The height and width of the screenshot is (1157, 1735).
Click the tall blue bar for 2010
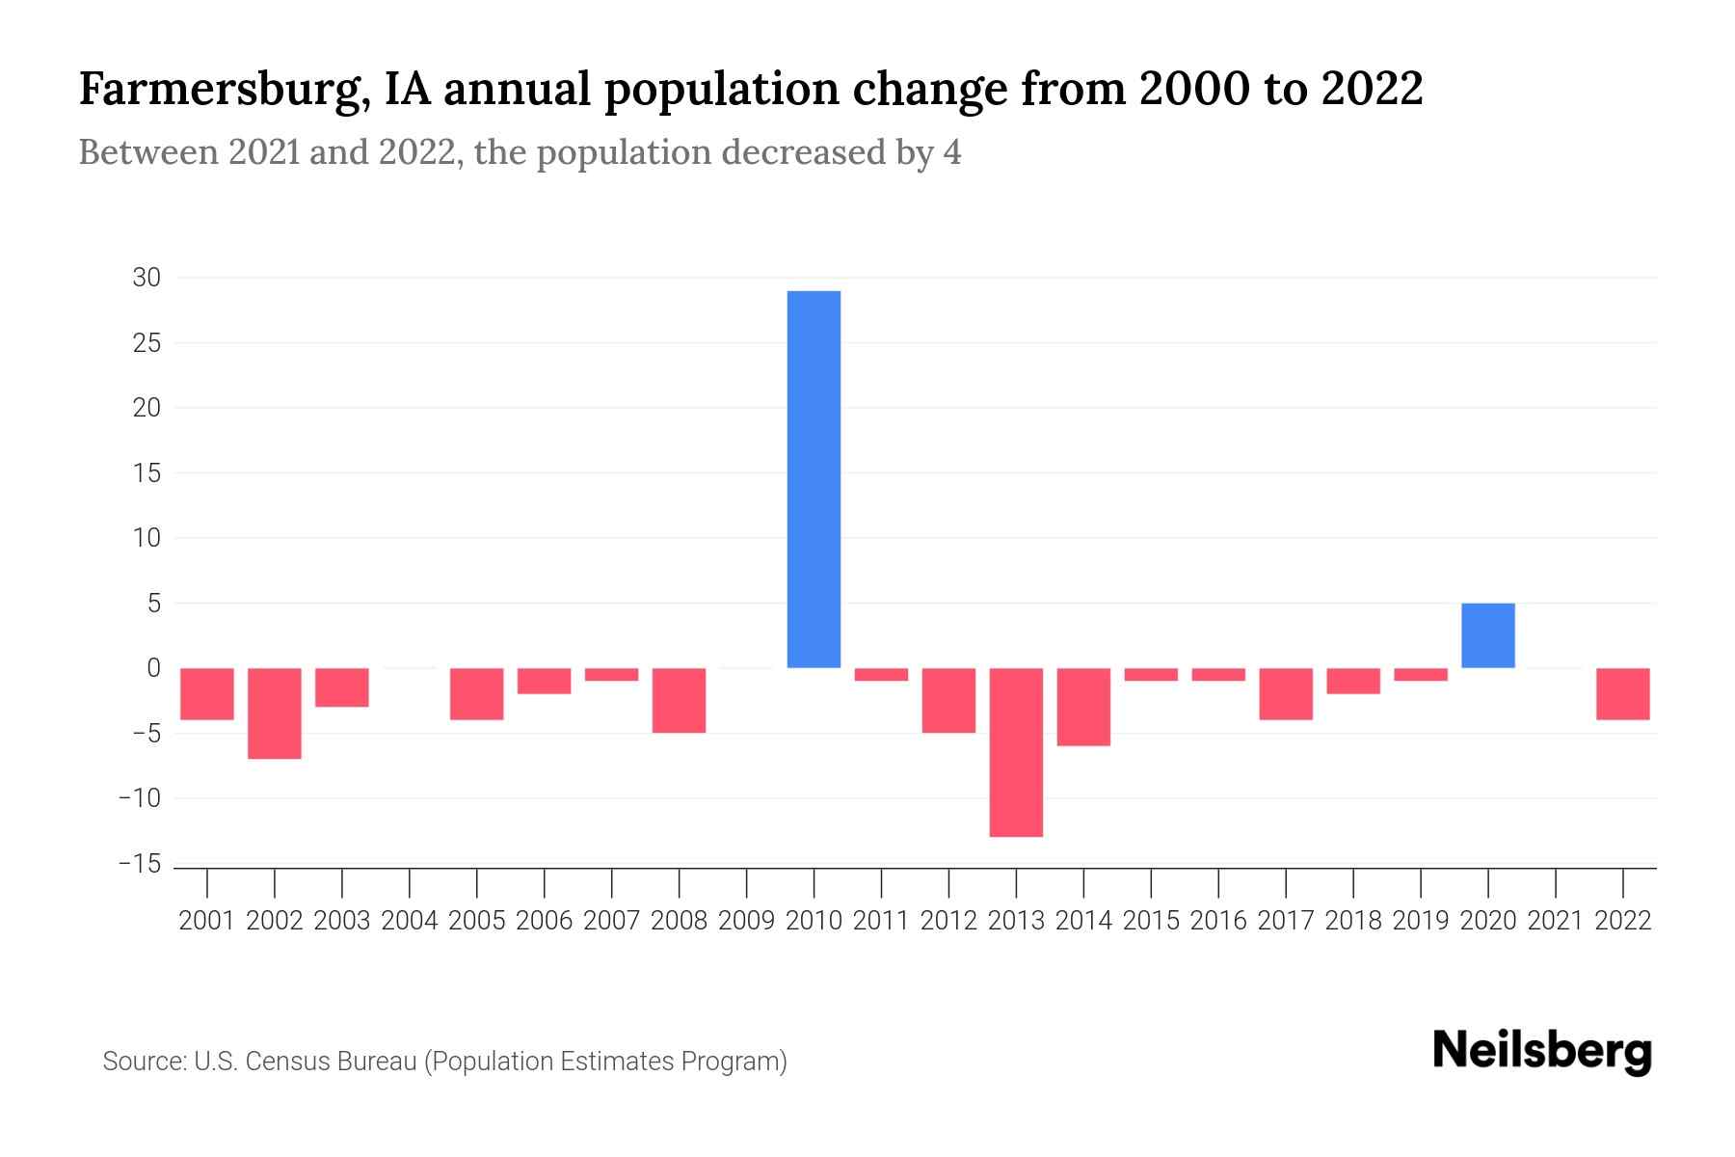tap(814, 479)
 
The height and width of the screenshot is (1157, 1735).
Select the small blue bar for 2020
tap(1487, 635)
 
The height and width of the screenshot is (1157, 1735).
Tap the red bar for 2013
tap(1016, 752)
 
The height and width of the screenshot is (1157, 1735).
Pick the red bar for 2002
tap(275, 713)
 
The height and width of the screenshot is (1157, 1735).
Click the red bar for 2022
tap(1622, 694)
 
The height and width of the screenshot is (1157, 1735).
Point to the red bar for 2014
tap(1083, 707)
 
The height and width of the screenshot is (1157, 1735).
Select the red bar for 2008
tap(679, 700)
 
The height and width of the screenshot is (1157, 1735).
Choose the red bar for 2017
tap(1286, 694)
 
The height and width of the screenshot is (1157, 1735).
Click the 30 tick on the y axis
tap(147, 278)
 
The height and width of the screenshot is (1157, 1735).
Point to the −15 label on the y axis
tap(140, 864)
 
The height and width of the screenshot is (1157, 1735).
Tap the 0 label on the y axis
tap(153, 668)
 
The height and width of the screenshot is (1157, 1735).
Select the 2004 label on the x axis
tap(410, 921)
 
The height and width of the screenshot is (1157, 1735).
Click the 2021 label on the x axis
tap(1555, 921)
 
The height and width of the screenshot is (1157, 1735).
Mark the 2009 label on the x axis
tap(746, 921)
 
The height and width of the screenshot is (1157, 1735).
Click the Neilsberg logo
tap(1542, 1052)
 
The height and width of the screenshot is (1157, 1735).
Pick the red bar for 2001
tap(207, 694)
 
